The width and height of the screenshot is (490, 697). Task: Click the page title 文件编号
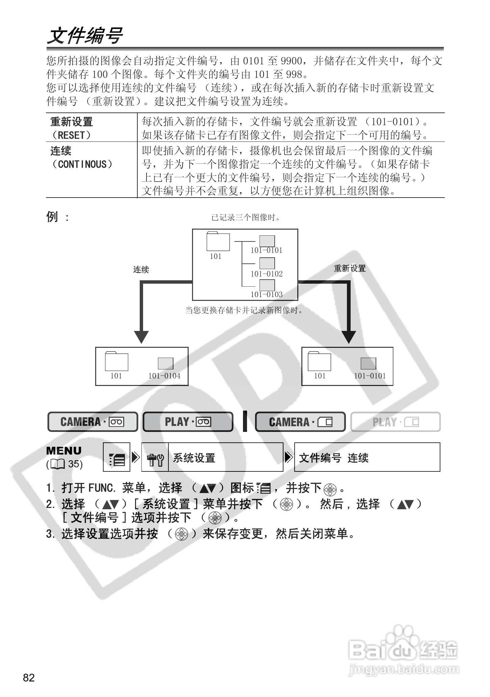[85, 36]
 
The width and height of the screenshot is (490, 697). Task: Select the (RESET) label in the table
[71, 135]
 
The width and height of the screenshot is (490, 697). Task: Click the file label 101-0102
[266, 274]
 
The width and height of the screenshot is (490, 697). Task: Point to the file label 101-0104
[164, 376]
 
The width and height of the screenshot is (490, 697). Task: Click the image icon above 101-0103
[267, 285]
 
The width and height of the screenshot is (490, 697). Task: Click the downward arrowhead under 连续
[141, 337]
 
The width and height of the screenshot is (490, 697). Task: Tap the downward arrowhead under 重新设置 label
[349, 337]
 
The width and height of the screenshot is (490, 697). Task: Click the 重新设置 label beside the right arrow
[350, 268]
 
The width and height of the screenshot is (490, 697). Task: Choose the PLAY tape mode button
[188, 422]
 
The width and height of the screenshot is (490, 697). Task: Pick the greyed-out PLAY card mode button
[396, 422]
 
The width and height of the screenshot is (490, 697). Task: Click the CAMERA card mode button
[300, 422]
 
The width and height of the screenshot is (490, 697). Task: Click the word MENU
[64, 451]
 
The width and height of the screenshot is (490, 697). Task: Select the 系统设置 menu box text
[194, 458]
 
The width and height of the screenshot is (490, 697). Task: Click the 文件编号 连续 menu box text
[334, 458]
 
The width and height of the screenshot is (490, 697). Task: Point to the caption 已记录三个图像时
[245, 218]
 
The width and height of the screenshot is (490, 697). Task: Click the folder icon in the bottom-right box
[319, 361]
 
